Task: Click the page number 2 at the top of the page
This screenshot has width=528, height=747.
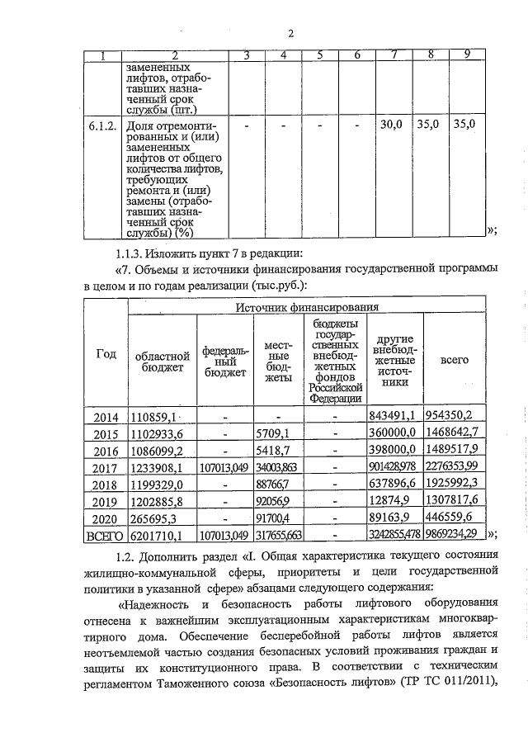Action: (291, 33)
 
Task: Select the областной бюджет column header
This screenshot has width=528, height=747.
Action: (160, 360)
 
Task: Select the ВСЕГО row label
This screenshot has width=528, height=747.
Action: (106, 536)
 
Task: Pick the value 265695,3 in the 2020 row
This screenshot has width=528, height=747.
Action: (157, 519)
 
